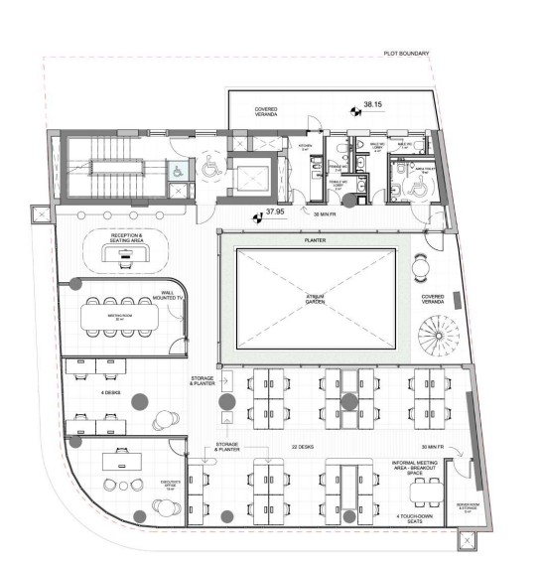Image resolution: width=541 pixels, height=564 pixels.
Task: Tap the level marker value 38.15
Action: point(373,103)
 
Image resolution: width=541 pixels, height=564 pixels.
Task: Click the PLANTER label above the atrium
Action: point(315,241)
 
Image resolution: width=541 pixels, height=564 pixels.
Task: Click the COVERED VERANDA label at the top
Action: point(266,111)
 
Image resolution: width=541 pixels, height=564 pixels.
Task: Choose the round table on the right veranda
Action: point(421,266)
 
